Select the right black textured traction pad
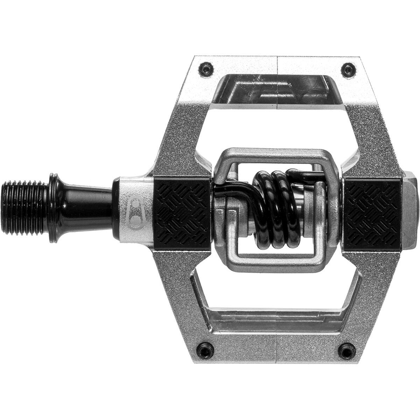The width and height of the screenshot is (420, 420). pyautogui.click(x=372, y=213)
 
